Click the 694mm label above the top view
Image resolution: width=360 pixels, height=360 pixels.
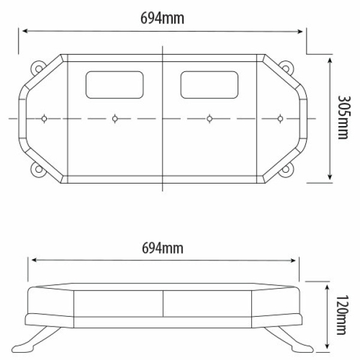point(162,19)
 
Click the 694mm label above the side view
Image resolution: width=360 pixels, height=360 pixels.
point(163,248)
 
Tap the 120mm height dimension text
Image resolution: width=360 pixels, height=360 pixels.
point(343,315)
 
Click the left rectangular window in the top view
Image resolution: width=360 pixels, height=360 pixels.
point(115,85)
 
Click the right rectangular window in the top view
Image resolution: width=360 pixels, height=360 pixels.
point(209,85)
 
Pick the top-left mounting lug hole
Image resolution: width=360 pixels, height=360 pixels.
point(38,68)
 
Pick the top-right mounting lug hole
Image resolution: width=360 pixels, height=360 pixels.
point(286,68)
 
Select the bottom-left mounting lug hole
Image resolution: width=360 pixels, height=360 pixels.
point(38,169)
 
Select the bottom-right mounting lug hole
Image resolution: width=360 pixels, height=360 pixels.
point(286,169)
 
